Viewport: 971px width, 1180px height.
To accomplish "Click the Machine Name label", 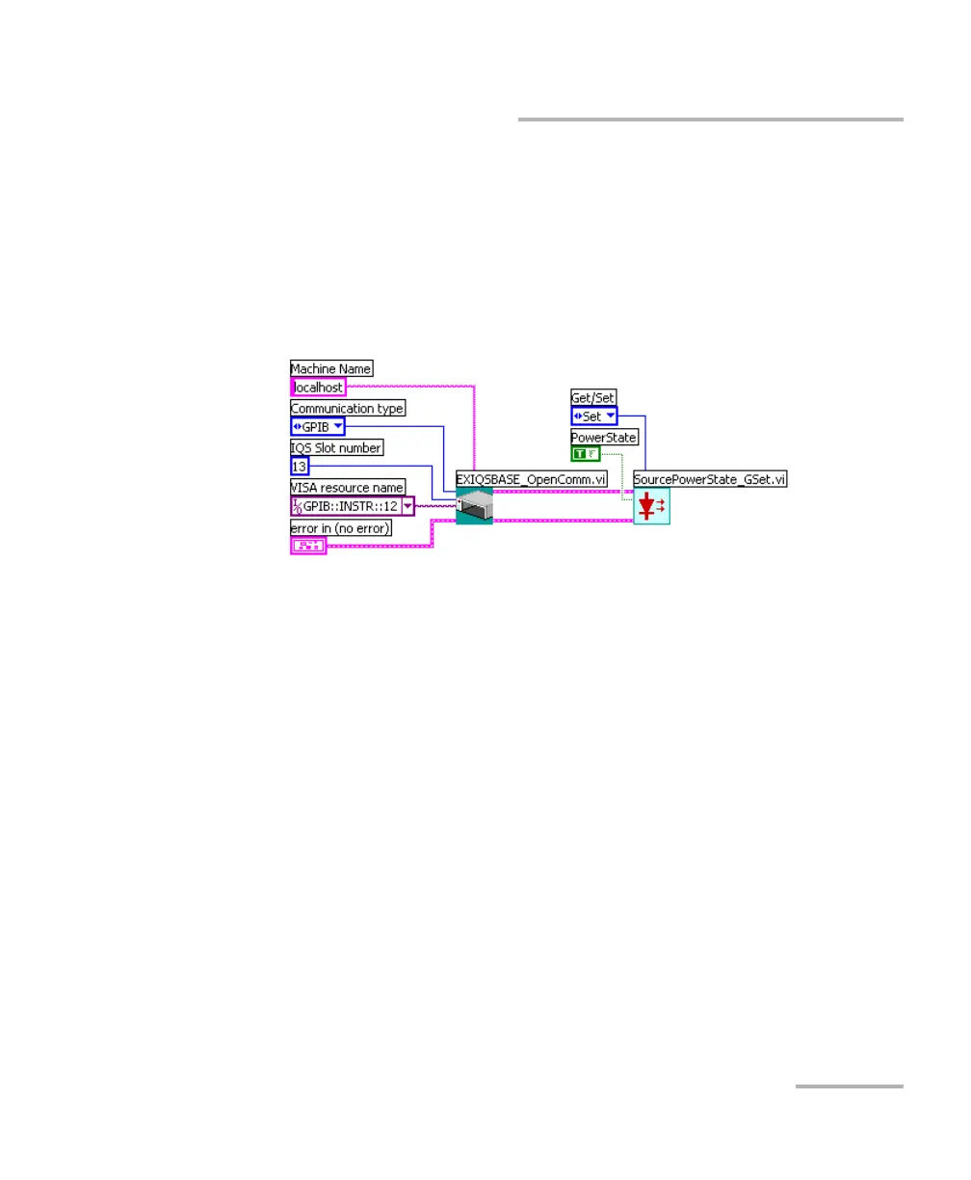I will click(331, 368).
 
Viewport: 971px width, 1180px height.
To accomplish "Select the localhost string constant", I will click(318, 387).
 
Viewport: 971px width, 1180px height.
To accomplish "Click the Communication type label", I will click(348, 408).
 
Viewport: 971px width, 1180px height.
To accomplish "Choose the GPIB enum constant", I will click(317, 427).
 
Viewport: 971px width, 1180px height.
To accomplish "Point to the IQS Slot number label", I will click(336, 447).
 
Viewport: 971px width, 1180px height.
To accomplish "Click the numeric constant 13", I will click(300, 467).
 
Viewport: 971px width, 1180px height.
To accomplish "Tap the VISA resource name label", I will click(348, 487).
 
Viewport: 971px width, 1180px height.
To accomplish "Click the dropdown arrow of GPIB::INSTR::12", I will click(408, 506).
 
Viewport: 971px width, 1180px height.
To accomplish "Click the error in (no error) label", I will click(341, 527).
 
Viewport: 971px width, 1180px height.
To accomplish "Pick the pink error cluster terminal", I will click(308, 547).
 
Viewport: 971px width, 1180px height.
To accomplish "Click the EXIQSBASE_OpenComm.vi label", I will click(531, 478).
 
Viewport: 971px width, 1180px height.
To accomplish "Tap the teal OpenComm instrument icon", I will click(474, 505).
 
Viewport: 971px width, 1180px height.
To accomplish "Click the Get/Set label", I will click(593, 397).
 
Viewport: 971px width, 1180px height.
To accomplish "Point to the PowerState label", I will click(604, 437).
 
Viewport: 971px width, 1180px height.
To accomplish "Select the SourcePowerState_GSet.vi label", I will click(710, 478).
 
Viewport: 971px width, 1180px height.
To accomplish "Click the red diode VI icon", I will click(651, 505).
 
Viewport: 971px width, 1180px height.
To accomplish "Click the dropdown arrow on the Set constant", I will click(609, 416).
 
